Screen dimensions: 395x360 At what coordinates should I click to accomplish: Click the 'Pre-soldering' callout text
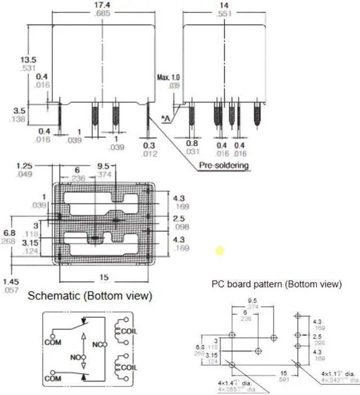pos(223,166)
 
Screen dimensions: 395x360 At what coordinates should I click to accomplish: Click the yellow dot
pos(219,250)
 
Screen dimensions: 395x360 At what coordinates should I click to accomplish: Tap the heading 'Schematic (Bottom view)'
pos(90,295)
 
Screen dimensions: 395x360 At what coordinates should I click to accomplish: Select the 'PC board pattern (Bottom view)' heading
pos(276,285)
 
